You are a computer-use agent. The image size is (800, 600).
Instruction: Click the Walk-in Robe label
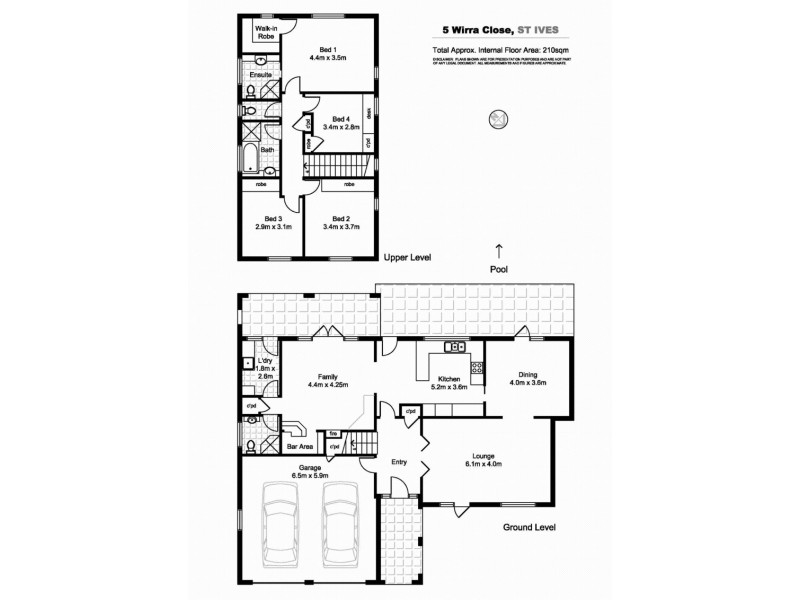click(265, 33)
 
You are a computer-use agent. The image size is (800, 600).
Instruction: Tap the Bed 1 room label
click(328, 54)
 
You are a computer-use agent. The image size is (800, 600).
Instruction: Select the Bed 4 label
click(341, 122)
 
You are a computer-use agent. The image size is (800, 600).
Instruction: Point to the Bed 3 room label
click(273, 222)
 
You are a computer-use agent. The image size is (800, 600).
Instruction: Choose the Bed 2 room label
click(341, 222)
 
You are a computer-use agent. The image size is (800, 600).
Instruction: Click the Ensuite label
click(260, 75)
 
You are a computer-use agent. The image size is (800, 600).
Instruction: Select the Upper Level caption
click(407, 258)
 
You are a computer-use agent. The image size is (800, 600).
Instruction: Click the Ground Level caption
click(530, 527)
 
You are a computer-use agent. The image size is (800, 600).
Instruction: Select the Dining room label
click(528, 377)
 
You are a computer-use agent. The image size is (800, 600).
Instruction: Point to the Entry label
click(399, 462)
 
